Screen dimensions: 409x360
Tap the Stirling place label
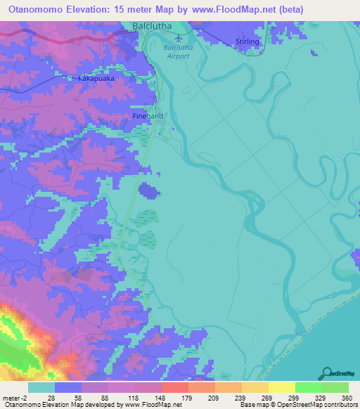point(247,42)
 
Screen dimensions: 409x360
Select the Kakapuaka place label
point(96,79)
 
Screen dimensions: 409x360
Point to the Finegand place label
point(148,115)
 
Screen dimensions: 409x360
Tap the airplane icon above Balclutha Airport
point(178,37)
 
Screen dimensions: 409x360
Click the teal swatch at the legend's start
point(41,387)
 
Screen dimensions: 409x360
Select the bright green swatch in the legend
point(308,387)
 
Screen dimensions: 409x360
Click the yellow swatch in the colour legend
point(281,387)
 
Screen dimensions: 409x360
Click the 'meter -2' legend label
point(15,397)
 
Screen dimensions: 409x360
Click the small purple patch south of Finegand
point(148,190)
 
